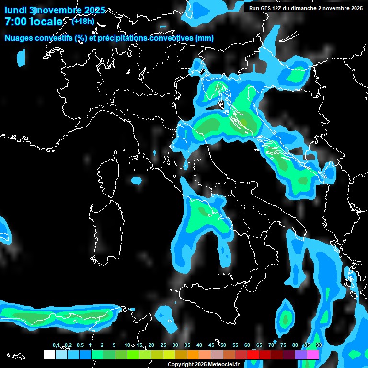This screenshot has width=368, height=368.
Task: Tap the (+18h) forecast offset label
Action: point(83,21)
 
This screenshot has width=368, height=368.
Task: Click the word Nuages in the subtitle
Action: point(19,38)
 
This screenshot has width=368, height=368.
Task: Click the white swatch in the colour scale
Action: point(49,355)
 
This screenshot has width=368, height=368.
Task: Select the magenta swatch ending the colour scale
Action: point(313,355)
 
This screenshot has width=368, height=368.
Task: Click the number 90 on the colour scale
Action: point(319,345)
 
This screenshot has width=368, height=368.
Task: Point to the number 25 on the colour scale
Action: point(163,345)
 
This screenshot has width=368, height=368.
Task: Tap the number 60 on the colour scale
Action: point(247,345)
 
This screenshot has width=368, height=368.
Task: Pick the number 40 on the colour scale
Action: point(199,345)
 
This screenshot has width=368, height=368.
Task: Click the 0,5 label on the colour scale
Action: point(80,345)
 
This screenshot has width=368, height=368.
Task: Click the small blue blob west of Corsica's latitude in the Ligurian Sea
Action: point(137,181)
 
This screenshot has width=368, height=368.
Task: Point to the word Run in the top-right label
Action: point(254,8)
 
